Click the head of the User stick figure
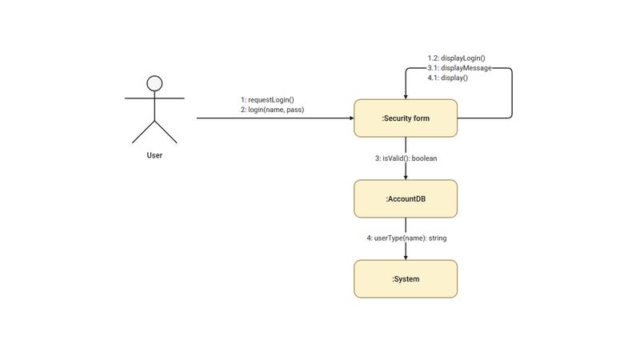(154, 83)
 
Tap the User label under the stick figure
(154, 155)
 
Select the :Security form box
(406, 118)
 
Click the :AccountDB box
(406, 198)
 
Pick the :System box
(406, 279)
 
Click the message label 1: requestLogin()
(268, 100)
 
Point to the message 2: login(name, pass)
(273, 110)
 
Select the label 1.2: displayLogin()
(457, 58)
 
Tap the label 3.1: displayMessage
(459, 68)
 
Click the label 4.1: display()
(448, 78)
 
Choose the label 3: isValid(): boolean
(406, 158)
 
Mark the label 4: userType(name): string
(406, 238)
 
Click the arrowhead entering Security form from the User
(350, 118)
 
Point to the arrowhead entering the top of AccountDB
(406, 176)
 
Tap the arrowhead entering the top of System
(406, 257)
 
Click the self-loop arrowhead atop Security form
(406, 96)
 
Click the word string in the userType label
(437, 238)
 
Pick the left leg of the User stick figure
(143, 133)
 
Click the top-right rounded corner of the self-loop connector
(510, 70)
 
